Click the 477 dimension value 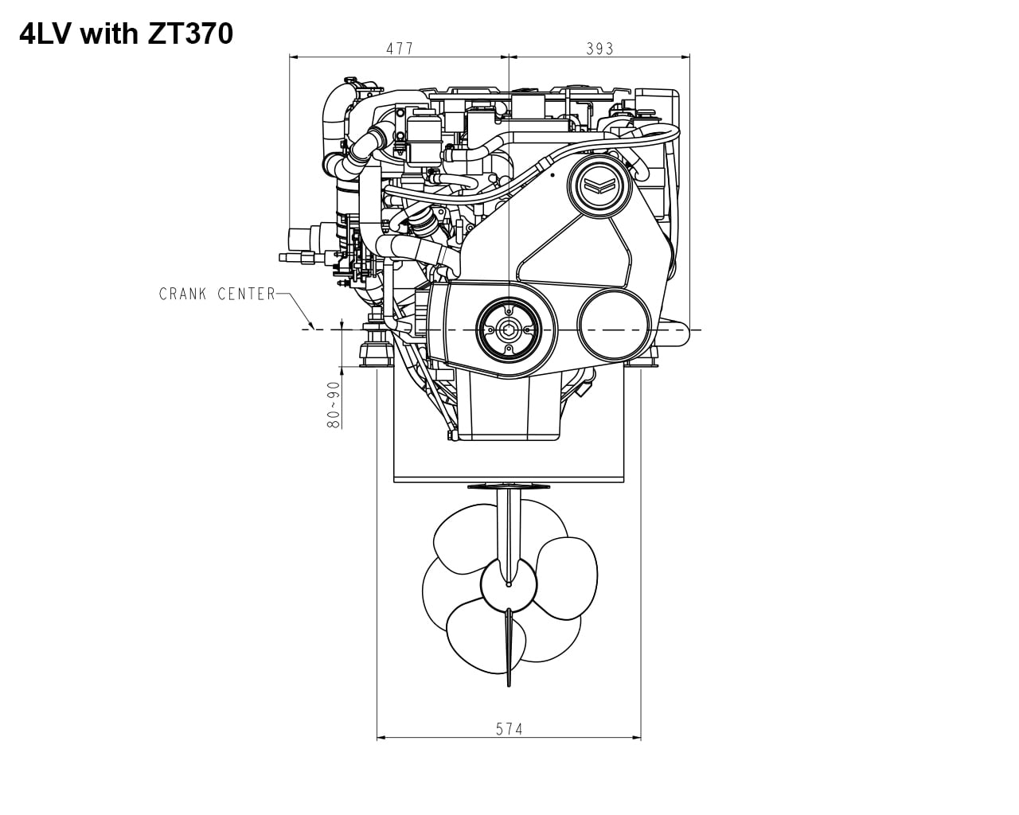(400, 49)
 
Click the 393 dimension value (599, 49)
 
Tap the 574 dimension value (509, 728)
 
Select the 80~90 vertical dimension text (334, 404)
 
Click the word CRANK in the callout (183, 294)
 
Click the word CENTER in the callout (247, 294)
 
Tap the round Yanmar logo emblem (599, 185)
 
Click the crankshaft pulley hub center (508, 329)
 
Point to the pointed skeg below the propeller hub (509, 649)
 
